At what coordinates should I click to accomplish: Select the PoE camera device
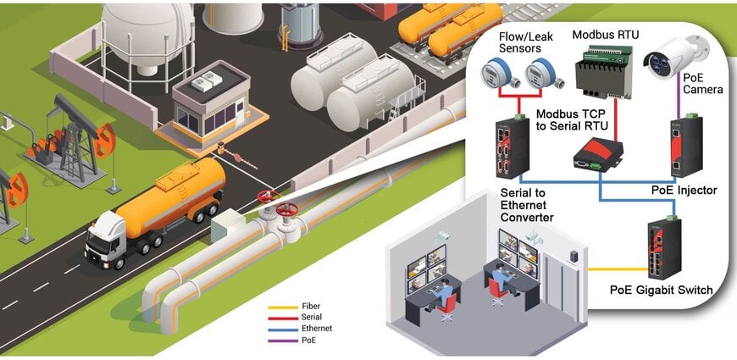tap(676, 58)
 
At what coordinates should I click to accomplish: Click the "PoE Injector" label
tap(684, 191)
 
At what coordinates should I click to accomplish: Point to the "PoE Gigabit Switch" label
tap(662, 290)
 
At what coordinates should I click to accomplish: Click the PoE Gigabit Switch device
tap(664, 247)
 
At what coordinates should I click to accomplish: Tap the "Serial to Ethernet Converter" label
tap(526, 205)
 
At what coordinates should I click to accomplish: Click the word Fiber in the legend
tap(311, 307)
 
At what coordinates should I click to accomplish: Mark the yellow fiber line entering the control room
tap(618, 269)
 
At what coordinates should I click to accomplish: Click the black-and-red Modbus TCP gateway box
tap(598, 153)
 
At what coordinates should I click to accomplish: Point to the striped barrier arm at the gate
tap(240, 157)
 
